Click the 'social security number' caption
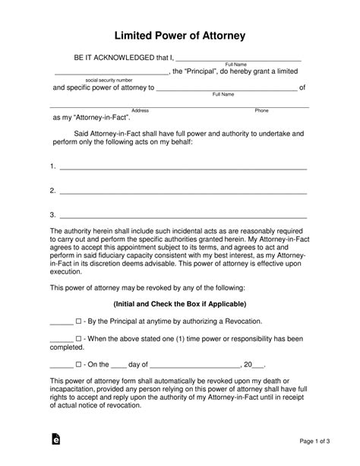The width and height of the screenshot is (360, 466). pyautogui.click(x=109, y=80)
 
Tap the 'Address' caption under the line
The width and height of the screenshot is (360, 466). pyautogui.click(x=140, y=110)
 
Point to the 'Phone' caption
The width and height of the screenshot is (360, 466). pyautogui.click(x=261, y=110)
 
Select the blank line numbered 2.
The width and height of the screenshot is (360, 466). pyautogui.click(x=182, y=191)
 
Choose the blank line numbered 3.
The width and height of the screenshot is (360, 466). pyautogui.click(x=182, y=216)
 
